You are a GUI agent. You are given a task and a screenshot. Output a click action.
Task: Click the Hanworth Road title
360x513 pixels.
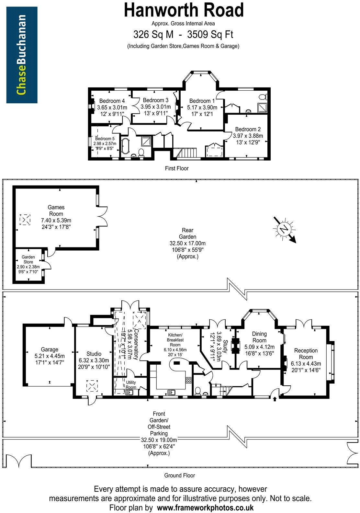(x=184, y=10)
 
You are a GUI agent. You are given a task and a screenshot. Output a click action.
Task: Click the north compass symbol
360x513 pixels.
(x=284, y=229)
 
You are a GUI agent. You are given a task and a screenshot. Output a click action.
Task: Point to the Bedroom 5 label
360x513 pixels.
(x=105, y=139)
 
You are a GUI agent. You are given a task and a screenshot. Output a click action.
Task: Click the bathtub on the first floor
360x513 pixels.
(x=125, y=147)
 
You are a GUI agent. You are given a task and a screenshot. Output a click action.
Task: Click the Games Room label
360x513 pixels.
(x=56, y=211)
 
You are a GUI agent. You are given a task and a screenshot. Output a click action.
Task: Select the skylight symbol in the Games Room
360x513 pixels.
(x=25, y=220)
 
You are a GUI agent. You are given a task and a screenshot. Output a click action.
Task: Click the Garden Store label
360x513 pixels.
(x=28, y=259)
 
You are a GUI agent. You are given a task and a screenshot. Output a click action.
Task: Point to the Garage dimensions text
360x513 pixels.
(x=49, y=359)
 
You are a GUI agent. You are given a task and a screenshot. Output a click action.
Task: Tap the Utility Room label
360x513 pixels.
(x=131, y=385)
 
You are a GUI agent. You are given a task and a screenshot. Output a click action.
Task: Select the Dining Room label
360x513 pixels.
(x=259, y=337)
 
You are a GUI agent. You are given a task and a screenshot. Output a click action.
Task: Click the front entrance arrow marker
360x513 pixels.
(x=275, y=399)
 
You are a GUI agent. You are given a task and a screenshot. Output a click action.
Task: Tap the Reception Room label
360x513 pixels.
(x=306, y=354)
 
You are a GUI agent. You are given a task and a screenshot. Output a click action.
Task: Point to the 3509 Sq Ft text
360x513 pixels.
(x=212, y=34)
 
